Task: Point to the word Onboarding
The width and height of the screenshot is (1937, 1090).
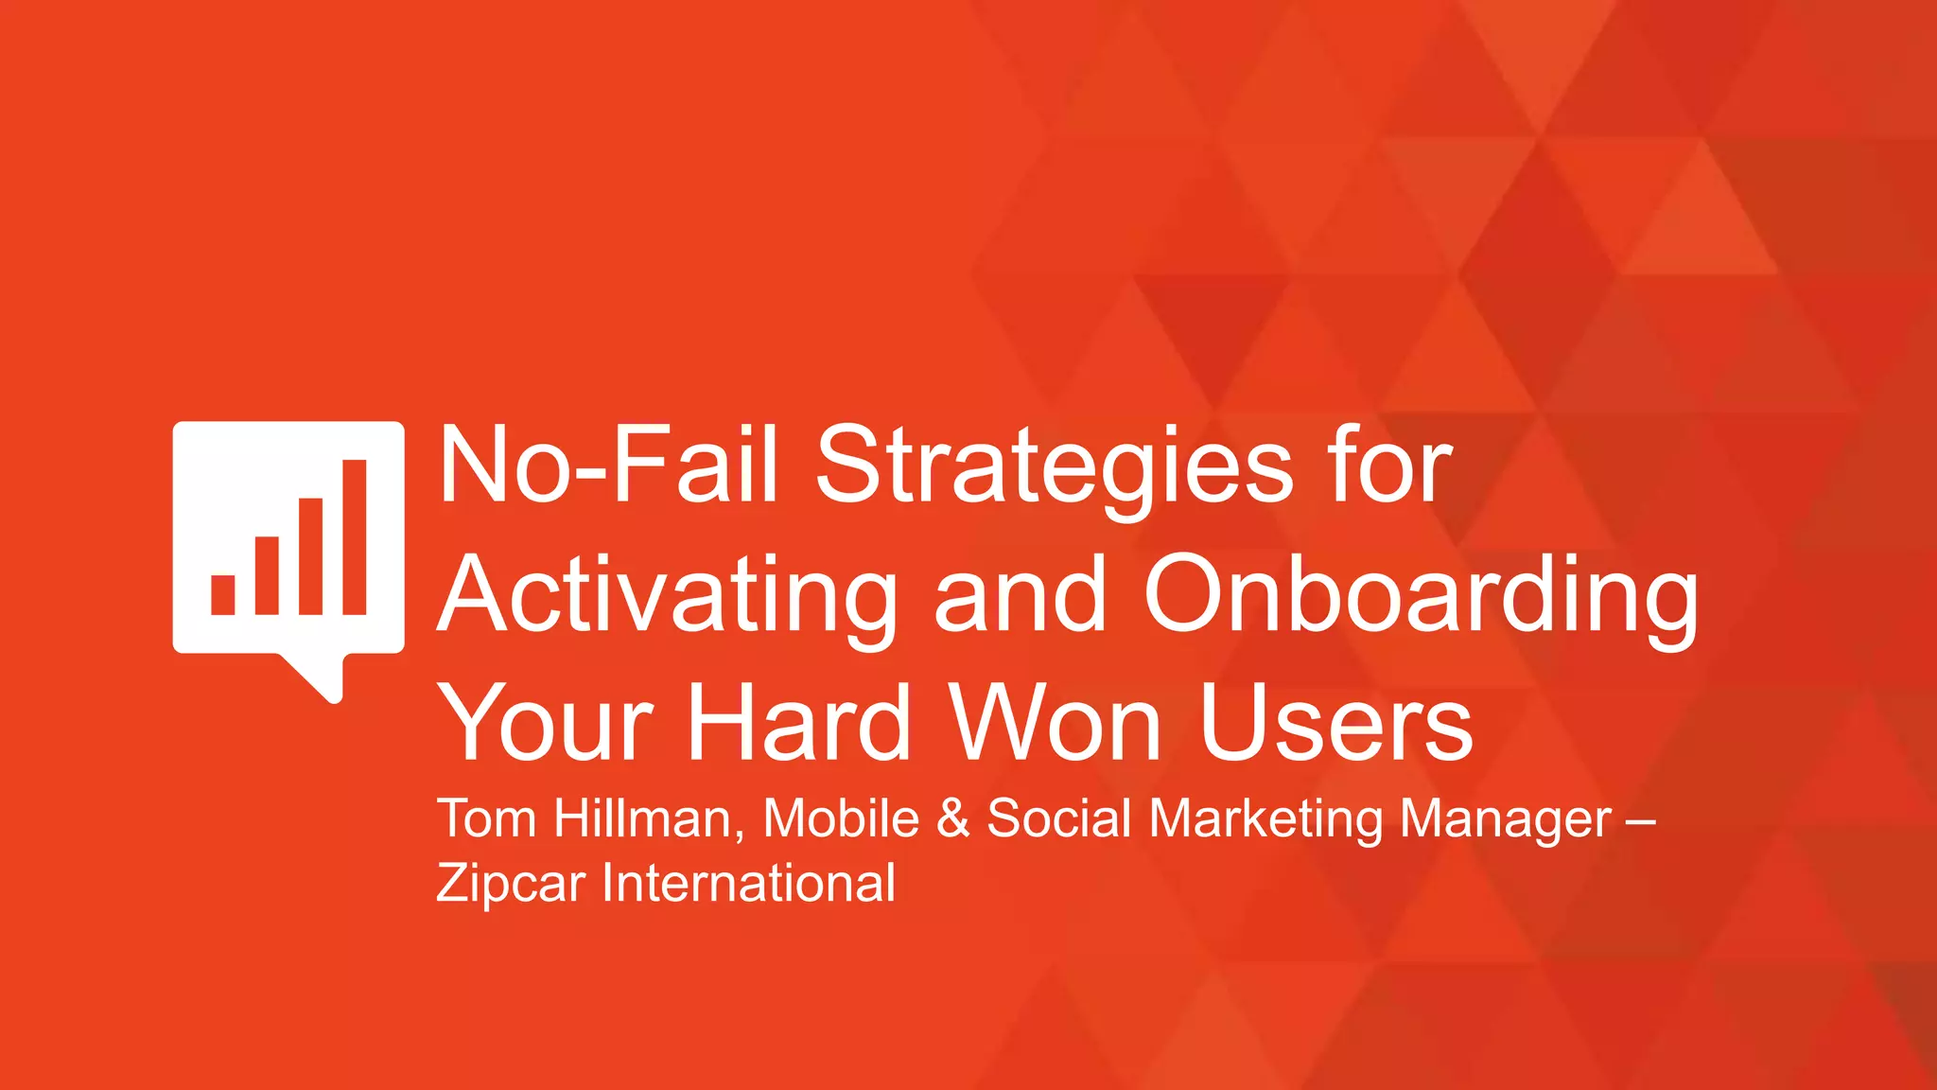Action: pyautogui.click(x=1421, y=596)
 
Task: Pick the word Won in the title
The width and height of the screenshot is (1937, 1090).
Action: pyautogui.click(x=1056, y=724)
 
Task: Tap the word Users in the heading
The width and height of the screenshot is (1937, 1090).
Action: pyautogui.click(x=1335, y=724)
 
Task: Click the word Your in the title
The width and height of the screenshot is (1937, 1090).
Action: pyautogui.click(x=546, y=724)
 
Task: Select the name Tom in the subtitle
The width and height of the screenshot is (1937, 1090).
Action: pyautogui.click(x=486, y=818)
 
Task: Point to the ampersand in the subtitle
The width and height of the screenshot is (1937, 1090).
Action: pyautogui.click(x=953, y=818)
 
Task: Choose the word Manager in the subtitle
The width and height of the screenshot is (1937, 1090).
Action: pyautogui.click(x=1506, y=820)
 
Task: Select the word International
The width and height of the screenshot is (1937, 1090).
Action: pyautogui.click(x=748, y=884)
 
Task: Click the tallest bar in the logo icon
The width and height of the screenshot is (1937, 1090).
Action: pyautogui.click(x=355, y=536)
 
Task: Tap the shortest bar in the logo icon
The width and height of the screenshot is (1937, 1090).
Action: pyautogui.click(x=223, y=594)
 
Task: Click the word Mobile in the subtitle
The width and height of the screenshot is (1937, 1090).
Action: pyautogui.click(x=841, y=818)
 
